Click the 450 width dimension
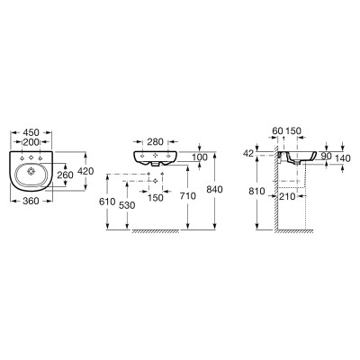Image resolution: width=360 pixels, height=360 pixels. click(31, 132)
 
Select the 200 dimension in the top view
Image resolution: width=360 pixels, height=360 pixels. click(31, 142)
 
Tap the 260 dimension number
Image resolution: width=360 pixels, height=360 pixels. click(65, 175)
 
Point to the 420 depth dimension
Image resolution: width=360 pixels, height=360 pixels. click(85, 171)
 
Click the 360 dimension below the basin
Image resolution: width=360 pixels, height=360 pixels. click(31, 201)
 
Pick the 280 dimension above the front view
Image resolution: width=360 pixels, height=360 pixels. click(155, 141)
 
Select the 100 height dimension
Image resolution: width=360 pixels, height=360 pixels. click(200, 157)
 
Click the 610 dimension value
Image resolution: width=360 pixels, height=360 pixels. click(107, 202)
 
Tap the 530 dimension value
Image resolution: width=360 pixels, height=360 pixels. click(127, 205)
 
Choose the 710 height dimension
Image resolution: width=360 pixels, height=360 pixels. click(187, 196)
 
